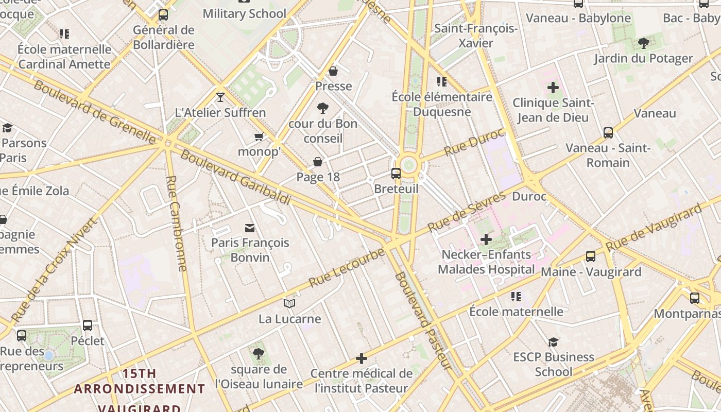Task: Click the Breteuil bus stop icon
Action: [x=396, y=174]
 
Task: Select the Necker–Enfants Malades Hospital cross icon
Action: [x=486, y=239]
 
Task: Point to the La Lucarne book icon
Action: [x=289, y=304]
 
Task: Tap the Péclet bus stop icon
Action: [x=88, y=325]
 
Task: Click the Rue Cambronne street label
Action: [x=176, y=223]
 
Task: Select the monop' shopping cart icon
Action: [x=259, y=136]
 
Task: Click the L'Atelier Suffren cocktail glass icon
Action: [x=220, y=97]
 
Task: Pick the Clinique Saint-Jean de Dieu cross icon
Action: [x=553, y=88]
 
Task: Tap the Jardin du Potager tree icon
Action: [x=643, y=43]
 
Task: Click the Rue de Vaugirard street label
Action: [x=654, y=228]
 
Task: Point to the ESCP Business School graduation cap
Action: [x=553, y=342]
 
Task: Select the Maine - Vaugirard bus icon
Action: [x=590, y=256]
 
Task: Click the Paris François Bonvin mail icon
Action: [x=250, y=228]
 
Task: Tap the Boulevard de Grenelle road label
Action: [x=95, y=112]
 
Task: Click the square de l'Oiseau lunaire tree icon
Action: [x=259, y=354]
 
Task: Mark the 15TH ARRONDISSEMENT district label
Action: [x=139, y=381]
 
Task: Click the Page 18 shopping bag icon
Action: [x=318, y=162]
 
